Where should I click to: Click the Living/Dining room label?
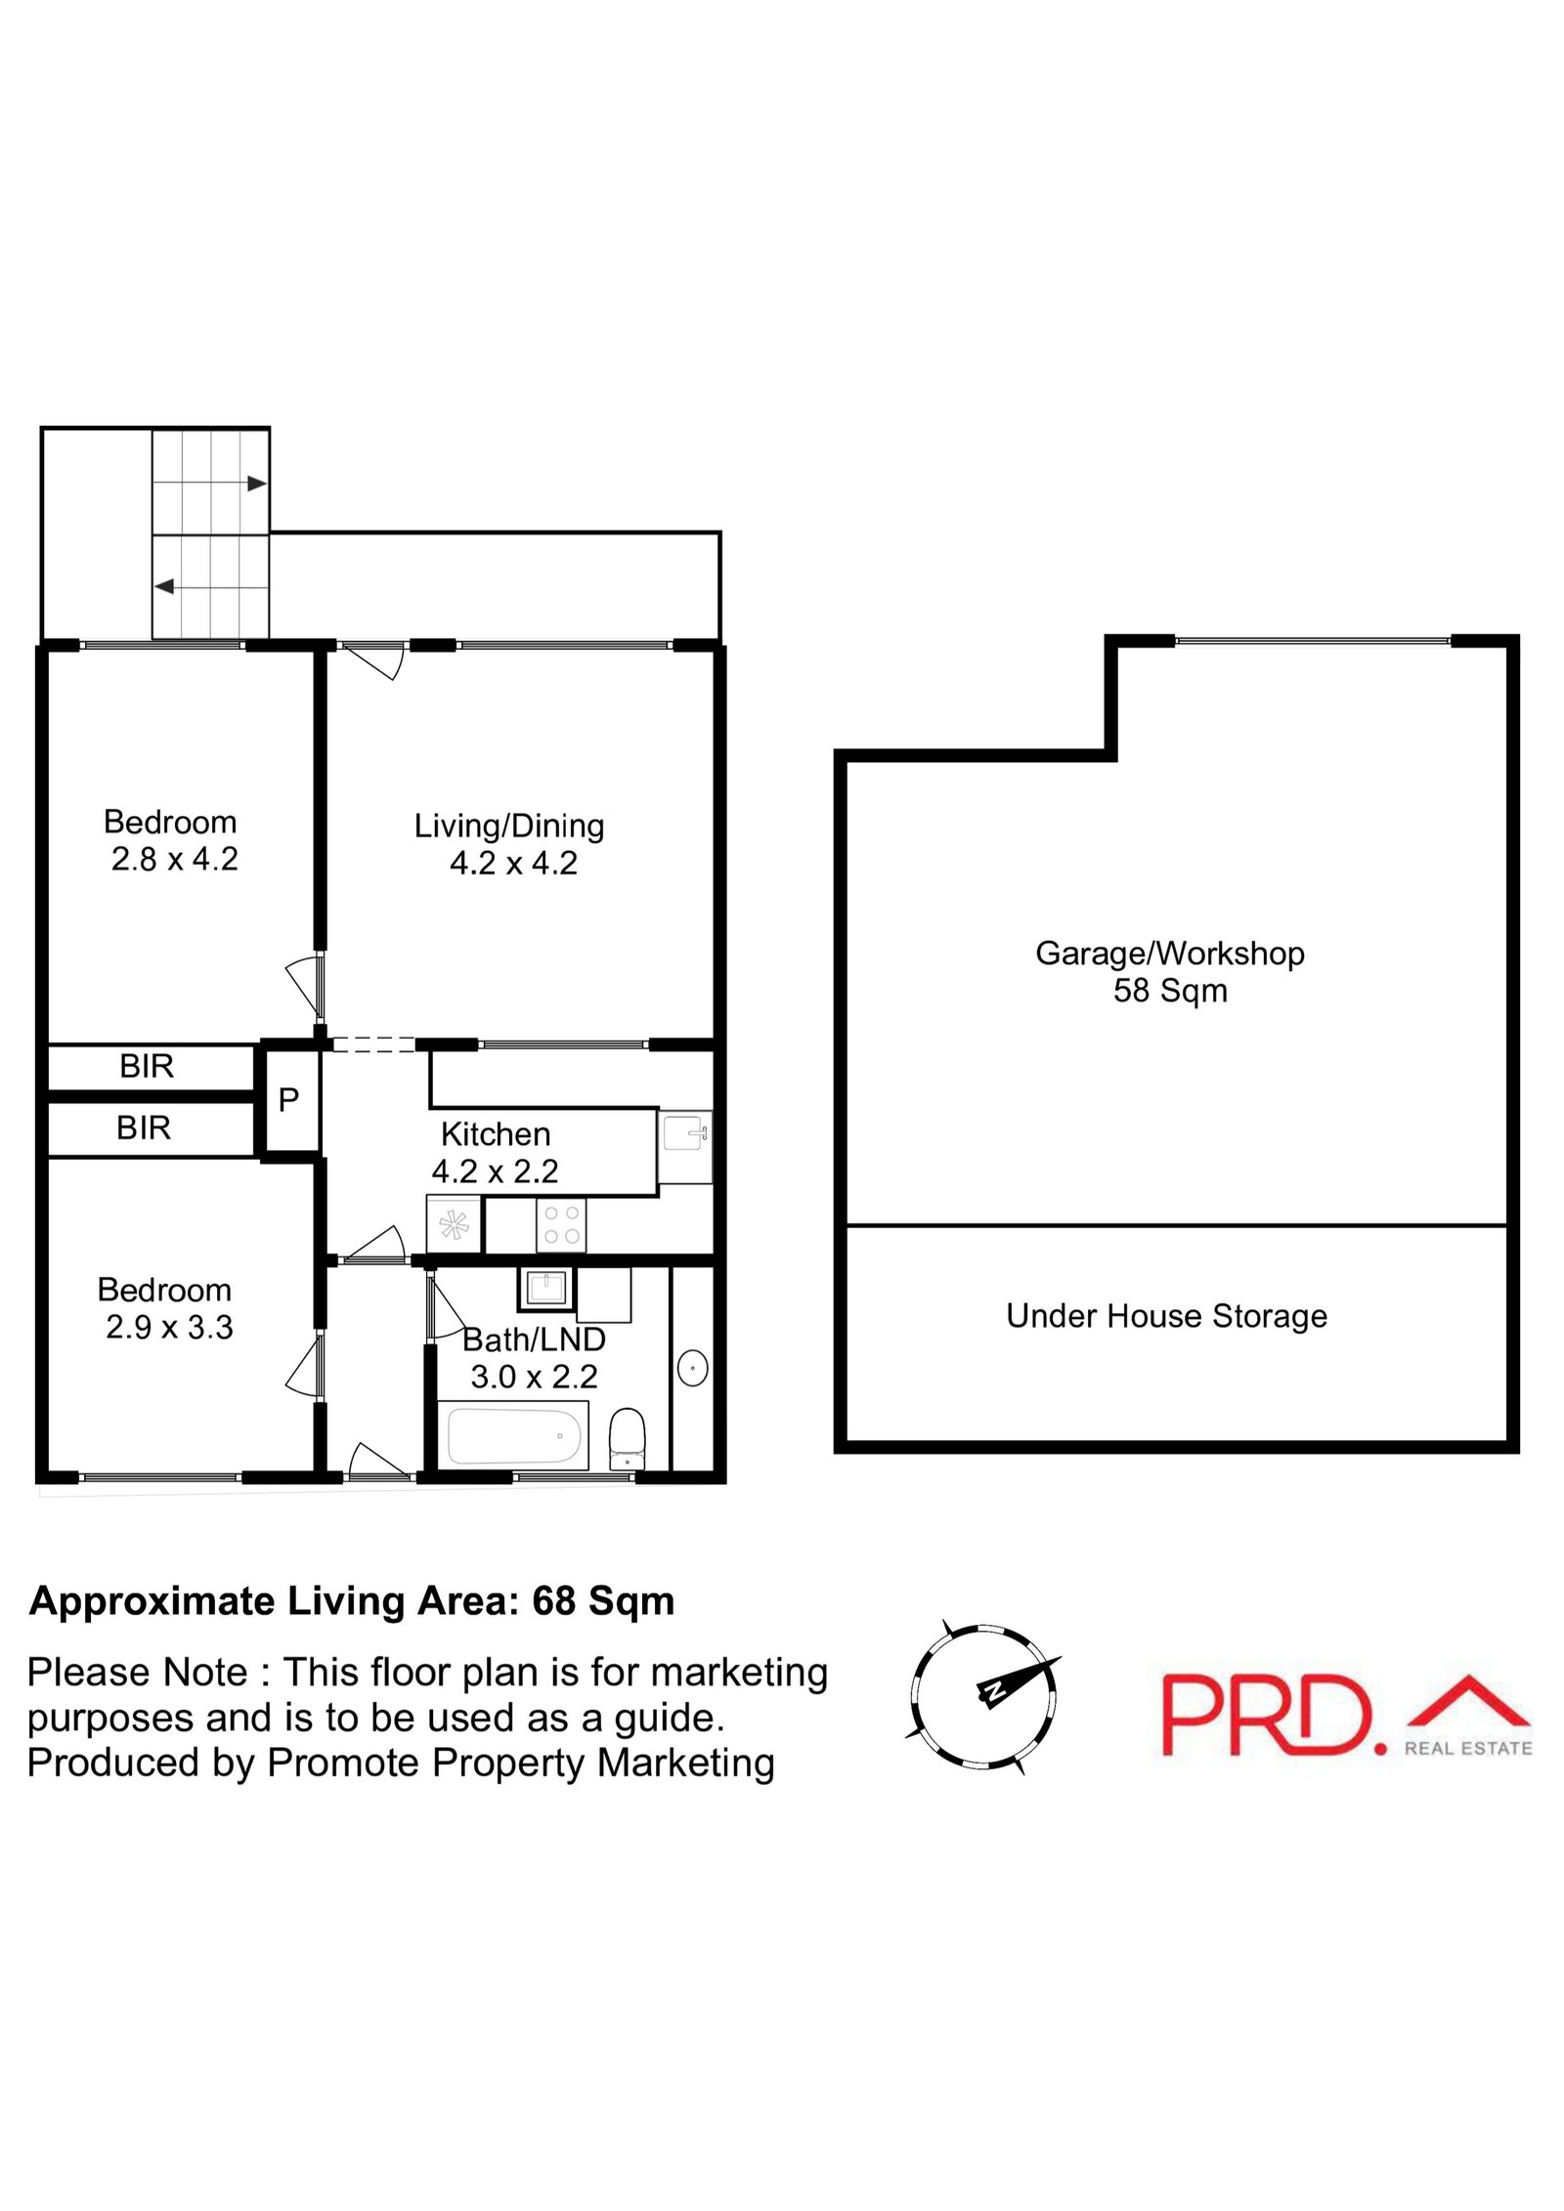pos(509,826)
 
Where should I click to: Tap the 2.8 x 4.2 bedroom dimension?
pos(174,859)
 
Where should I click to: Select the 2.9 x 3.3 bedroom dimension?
pos(169,1327)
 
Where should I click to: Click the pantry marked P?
pos(288,1100)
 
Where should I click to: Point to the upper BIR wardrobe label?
pos(147,1066)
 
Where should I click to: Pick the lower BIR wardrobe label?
pos(144,1127)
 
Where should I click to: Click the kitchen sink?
pos(684,1134)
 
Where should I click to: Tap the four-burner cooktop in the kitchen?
pos(560,1224)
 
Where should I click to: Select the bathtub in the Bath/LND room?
pos(514,1435)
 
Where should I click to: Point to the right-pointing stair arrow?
pos(256,483)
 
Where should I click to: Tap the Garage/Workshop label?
pos(1169,953)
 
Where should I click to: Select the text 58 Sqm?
pos(1169,991)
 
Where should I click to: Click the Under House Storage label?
pos(1166,1316)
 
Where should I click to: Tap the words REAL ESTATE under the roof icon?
pos(1467,1748)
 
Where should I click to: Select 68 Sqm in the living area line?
pos(603,1601)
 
